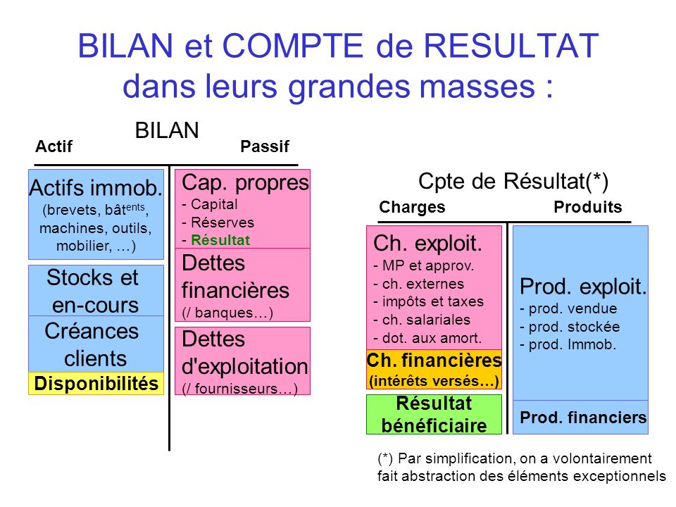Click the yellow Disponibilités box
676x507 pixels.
click(x=96, y=384)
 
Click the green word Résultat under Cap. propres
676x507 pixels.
click(x=220, y=239)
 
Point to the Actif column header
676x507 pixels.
click(x=54, y=146)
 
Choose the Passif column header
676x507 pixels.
click(x=265, y=146)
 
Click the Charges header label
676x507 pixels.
click(x=412, y=207)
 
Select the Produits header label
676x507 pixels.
click(x=588, y=207)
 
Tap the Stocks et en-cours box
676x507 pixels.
click(x=96, y=291)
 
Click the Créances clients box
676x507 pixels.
click(x=96, y=344)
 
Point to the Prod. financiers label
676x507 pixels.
click(x=583, y=418)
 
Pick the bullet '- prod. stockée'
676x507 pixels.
click(x=569, y=327)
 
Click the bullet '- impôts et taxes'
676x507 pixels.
click(x=428, y=301)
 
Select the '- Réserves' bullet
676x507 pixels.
click(x=218, y=222)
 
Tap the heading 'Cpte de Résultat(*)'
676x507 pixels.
click(x=513, y=181)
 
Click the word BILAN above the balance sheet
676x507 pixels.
click(x=167, y=130)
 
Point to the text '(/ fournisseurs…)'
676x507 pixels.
click(x=239, y=388)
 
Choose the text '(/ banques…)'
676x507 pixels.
click(x=227, y=312)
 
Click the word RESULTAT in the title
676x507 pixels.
click(x=513, y=47)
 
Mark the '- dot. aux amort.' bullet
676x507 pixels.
click(x=427, y=337)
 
